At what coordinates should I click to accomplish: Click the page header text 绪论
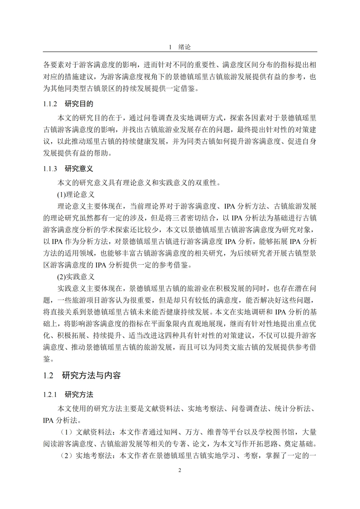[184, 47]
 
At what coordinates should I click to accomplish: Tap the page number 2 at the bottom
[180, 470]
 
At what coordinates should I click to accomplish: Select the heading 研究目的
[79, 104]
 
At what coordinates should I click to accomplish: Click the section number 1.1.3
[50, 169]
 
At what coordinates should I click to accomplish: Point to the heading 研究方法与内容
[91, 376]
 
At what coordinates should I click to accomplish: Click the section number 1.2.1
[50, 395]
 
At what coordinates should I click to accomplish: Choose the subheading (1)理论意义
[76, 195]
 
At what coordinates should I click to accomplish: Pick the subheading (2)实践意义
[76, 277]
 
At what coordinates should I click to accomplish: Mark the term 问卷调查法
[249, 409]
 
